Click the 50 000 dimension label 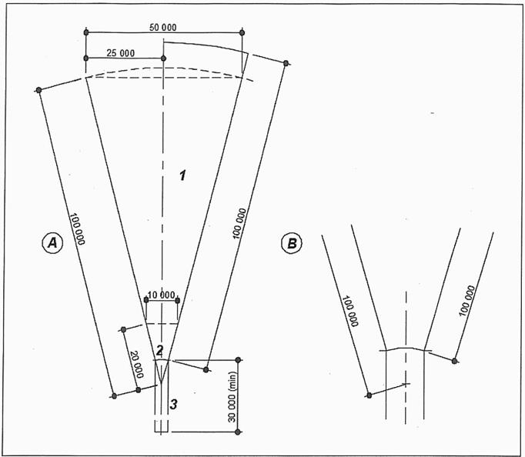tap(162, 27)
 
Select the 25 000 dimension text tap(121, 53)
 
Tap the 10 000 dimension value tap(162, 295)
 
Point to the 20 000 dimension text tap(135, 365)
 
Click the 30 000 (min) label tap(232, 397)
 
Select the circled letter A tap(52, 242)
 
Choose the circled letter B tap(292, 243)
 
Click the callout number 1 tap(182, 175)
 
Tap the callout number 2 tap(159, 350)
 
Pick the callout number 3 tap(173, 404)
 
